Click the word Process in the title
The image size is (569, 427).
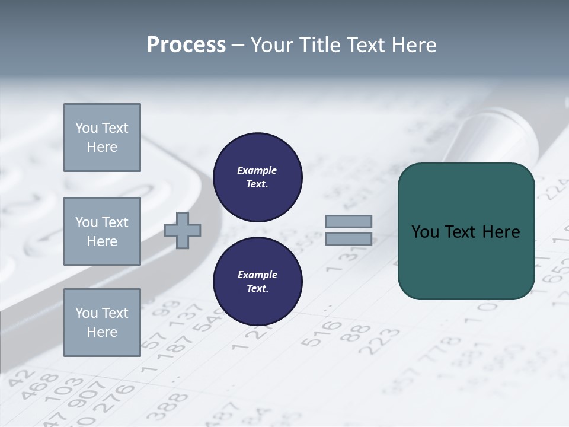pyautogui.click(x=186, y=45)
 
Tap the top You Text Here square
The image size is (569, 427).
pyautogui.click(x=102, y=138)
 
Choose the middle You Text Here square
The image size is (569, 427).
pyautogui.click(x=102, y=231)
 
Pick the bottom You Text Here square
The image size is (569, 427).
pyautogui.click(x=102, y=322)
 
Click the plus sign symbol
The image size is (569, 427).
pyautogui.click(x=183, y=230)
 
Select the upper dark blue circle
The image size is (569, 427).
pyautogui.click(x=258, y=177)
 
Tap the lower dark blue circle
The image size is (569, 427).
pyautogui.click(x=258, y=281)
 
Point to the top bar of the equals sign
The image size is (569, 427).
pyautogui.click(x=349, y=221)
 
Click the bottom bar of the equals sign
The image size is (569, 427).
pyautogui.click(x=349, y=239)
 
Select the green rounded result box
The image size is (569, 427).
pyautogui.click(x=466, y=231)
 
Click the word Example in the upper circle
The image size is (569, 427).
pyautogui.click(x=257, y=170)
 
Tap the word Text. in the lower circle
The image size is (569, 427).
pyautogui.click(x=257, y=288)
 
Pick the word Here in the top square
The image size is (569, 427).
pyautogui.click(x=102, y=147)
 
